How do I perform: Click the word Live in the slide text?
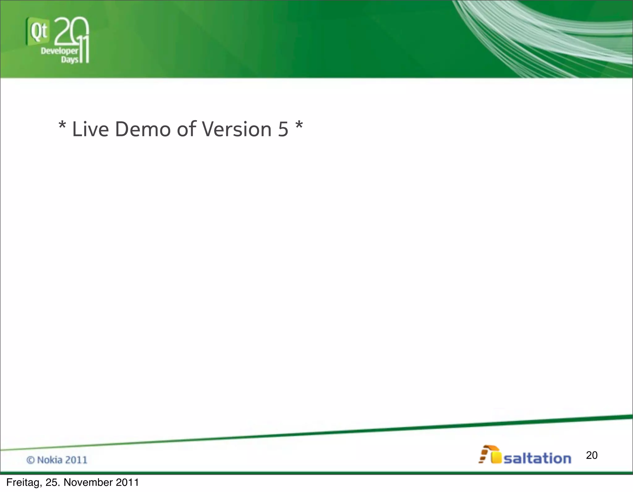[x=90, y=129]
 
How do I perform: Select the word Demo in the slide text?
[x=142, y=129]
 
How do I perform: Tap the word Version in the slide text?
[x=237, y=129]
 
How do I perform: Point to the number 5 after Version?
[x=283, y=129]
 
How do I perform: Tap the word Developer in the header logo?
[x=59, y=51]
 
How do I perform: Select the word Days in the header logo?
[x=70, y=59]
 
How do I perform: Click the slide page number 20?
[x=592, y=455]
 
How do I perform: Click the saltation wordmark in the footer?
[x=537, y=459]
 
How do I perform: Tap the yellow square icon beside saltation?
[x=496, y=458]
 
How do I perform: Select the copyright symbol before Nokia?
[x=30, y=460]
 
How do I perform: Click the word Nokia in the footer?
[x=49, y=460]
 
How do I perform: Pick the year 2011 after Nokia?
[x=76, y=460]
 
